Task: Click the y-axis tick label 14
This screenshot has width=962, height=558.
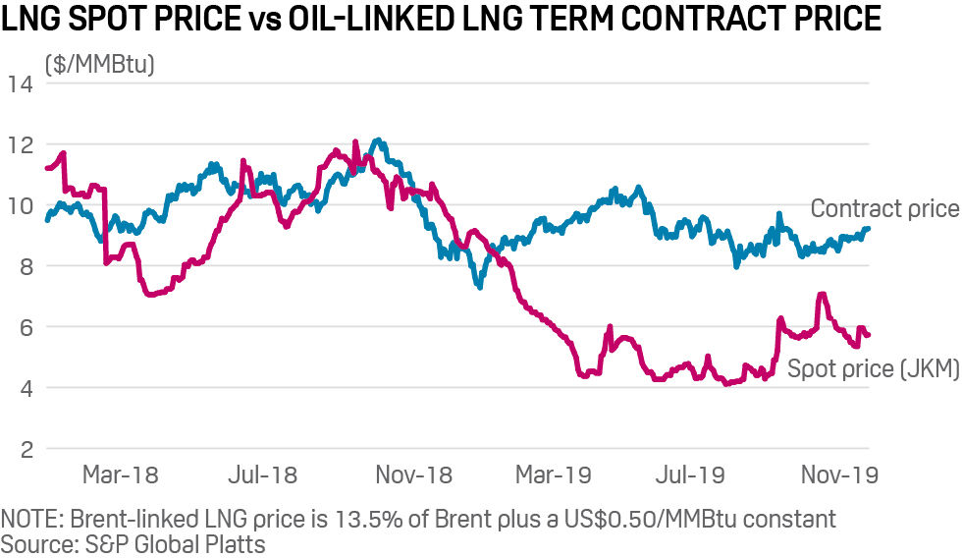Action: tap(21, 84)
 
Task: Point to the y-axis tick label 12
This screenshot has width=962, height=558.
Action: tap(21, 145)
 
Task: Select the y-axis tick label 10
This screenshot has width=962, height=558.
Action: tap(21, 206)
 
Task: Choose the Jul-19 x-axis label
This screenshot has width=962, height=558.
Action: tap(691, 475)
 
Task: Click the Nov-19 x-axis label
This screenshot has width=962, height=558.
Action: tap(839, 475)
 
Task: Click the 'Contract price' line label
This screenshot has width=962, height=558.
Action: tap(883, 208)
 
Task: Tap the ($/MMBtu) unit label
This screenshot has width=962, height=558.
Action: tap(99, 65)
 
